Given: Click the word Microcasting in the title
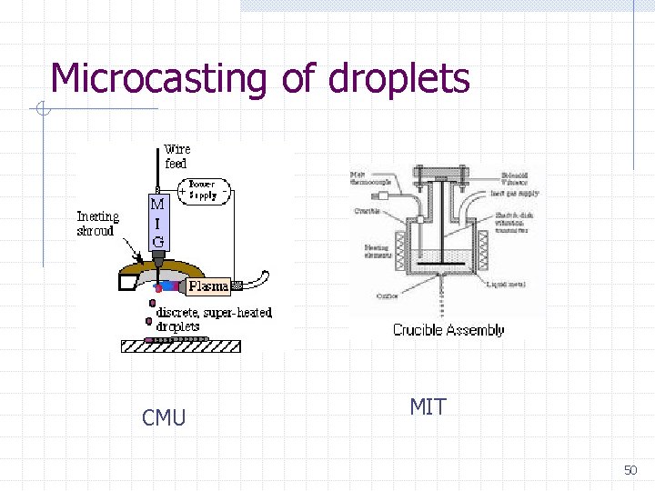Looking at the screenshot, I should coord(159,79).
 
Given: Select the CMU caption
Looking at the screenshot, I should coord(164,417).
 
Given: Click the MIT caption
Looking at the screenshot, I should coord(428,406).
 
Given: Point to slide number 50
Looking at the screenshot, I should coord(630,470).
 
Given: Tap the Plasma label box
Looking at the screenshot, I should coord(208,286).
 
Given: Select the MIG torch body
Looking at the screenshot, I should coord(157,223).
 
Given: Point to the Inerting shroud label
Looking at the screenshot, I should coord(98,223).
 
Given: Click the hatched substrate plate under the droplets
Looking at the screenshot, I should coord(181,345).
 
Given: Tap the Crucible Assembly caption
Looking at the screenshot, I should coord(448,330).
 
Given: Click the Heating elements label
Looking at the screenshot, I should coord(376,251).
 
